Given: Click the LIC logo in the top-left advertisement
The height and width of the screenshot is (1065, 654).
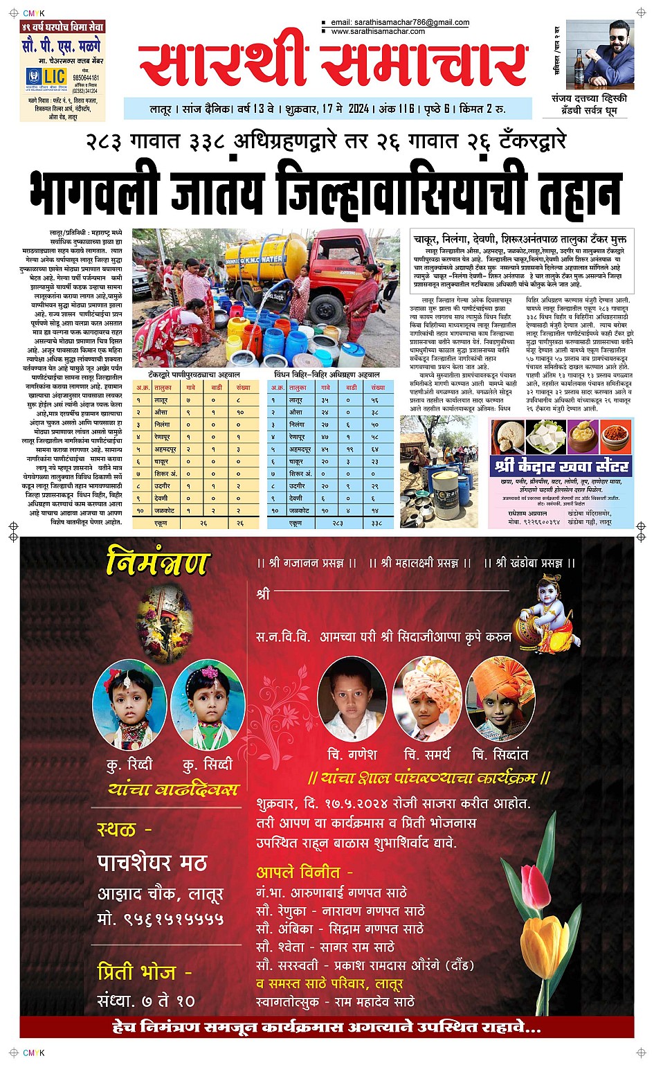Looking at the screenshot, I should pos(46,76).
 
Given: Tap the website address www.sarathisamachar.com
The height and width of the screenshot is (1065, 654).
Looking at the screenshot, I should pos(378,31).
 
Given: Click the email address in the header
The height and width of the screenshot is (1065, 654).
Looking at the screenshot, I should pos(400,22).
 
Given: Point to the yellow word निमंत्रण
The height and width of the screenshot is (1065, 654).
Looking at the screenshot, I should pos(157,562).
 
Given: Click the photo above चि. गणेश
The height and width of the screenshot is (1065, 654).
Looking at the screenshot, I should pos(352,699).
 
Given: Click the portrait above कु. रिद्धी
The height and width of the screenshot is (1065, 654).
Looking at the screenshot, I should pos(130,704).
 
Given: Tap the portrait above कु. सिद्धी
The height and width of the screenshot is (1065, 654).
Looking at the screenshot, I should pos(208,704).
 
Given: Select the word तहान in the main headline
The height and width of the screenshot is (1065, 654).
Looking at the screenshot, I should pos(578,188).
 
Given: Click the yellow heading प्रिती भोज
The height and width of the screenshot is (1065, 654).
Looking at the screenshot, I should pos(144,972).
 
